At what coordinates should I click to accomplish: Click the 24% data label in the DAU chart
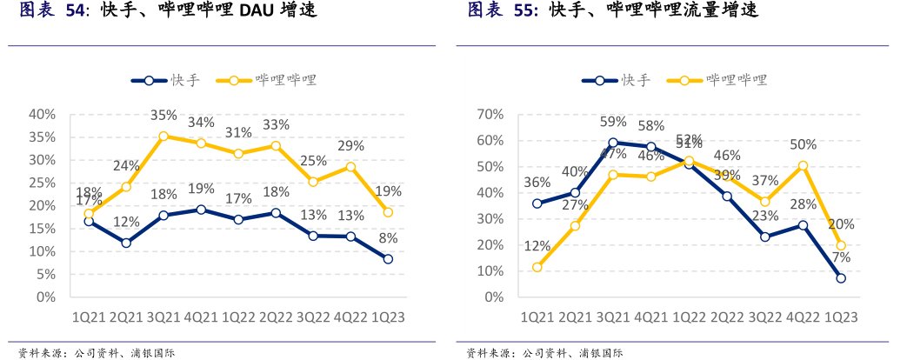(126, 166)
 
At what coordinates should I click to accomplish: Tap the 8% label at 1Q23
(388, 237)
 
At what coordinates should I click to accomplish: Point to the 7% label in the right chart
(841, 257)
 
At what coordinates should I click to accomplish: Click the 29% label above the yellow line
(350, 145)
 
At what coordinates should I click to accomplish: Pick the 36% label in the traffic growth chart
(537, 183)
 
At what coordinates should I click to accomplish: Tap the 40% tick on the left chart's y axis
(43, 114)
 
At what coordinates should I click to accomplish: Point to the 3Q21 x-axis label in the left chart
(163, 318)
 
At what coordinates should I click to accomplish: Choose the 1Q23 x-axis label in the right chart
(841, 318)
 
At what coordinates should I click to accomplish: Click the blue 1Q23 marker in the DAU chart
(388, 259)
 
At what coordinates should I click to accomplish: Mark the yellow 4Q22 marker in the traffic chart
(803, 165)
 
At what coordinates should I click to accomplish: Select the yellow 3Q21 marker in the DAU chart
(163, 136)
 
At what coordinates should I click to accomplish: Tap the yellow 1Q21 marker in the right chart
(537, 267)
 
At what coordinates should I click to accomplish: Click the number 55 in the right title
(524, 10)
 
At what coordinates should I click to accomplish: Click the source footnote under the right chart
(544, 352)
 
